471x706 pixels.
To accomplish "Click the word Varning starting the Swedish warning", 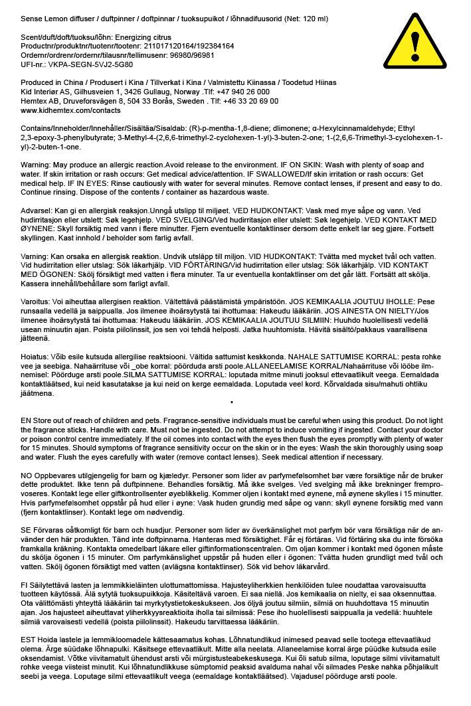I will tap(34, 256).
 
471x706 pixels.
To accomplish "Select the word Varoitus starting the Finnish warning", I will tap(35, 301).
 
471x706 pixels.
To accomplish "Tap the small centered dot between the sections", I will tap(231, 402).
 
